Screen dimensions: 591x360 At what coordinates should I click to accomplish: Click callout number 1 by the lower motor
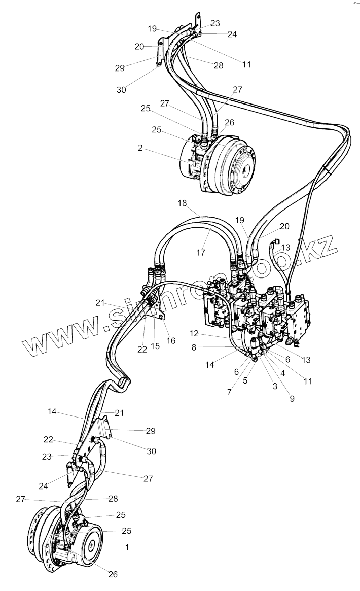tap(127, 547)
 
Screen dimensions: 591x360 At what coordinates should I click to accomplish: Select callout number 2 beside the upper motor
tap(139, 149)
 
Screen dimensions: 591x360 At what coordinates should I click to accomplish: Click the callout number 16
tap(171, 341)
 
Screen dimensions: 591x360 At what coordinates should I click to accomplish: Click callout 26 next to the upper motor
tap(229, 122)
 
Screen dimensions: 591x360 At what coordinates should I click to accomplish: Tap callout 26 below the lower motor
tap(113, 575)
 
